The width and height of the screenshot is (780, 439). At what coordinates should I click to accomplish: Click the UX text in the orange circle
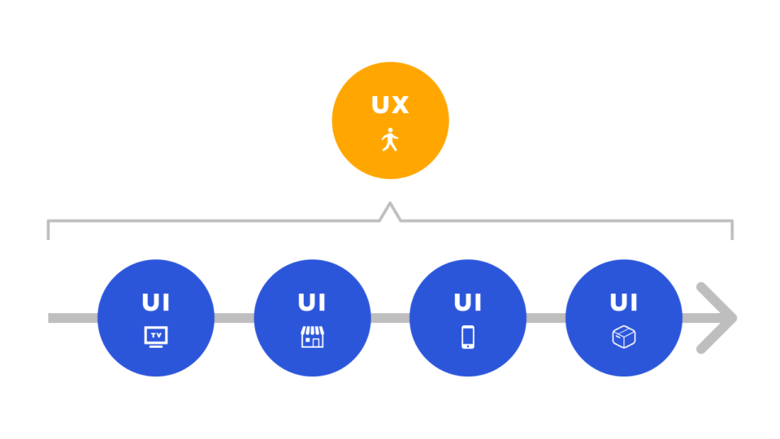point(390,105)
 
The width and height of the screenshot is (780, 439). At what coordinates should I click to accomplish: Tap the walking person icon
point(390,140)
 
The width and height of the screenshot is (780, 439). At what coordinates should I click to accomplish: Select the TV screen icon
point(156,337)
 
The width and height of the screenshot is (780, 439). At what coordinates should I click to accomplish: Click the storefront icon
point(312,337)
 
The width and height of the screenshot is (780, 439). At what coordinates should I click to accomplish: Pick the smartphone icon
point(468,337)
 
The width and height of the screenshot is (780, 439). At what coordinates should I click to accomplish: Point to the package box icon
point(624,337)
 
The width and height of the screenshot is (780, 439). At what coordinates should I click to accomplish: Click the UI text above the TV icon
point(156,302)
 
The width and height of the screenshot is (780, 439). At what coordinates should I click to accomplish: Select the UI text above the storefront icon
point(312,302)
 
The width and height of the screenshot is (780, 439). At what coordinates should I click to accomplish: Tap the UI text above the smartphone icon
point(468,302)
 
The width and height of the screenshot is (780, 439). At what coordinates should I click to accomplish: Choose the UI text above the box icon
point(624,302)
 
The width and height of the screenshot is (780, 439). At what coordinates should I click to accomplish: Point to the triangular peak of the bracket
point(390,203)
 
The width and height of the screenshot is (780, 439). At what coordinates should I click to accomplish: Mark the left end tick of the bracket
point(48,230)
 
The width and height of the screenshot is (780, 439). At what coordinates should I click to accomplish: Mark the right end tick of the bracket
point(732,230)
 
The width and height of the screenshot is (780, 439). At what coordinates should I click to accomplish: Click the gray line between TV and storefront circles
point(234,318)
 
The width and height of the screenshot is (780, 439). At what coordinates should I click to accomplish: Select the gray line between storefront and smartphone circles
point(390,318)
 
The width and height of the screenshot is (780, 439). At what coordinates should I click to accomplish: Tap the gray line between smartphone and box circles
point(546,318)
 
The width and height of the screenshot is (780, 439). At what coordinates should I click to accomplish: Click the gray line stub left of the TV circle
point(72,318)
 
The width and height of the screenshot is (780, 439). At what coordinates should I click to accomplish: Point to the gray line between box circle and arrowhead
point(701,318)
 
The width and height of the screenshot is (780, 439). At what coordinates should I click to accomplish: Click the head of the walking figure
point(391,130)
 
